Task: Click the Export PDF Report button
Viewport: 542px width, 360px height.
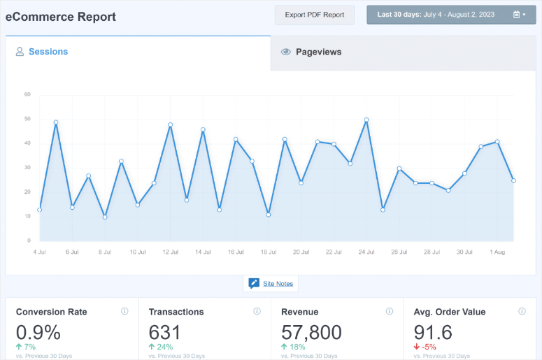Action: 315,15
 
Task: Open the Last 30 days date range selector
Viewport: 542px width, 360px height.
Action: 451,15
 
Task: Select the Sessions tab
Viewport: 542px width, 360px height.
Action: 48,52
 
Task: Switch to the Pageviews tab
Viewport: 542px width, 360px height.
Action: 318,52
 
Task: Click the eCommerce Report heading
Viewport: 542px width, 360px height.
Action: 61,15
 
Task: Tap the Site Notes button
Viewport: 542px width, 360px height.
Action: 271,283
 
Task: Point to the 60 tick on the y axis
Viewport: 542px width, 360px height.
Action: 27,94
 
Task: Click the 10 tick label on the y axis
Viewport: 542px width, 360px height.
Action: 27,216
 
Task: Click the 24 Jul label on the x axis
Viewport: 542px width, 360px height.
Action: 366,252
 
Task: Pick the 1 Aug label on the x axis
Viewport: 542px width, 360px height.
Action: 497,252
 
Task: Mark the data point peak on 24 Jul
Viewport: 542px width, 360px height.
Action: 366,120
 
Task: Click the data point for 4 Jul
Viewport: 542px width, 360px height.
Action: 40,209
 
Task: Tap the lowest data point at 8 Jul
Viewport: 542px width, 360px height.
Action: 105,217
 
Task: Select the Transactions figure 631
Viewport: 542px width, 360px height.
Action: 165,332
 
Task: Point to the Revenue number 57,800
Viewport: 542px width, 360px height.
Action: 311,332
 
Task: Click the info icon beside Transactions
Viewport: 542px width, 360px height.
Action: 257,312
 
